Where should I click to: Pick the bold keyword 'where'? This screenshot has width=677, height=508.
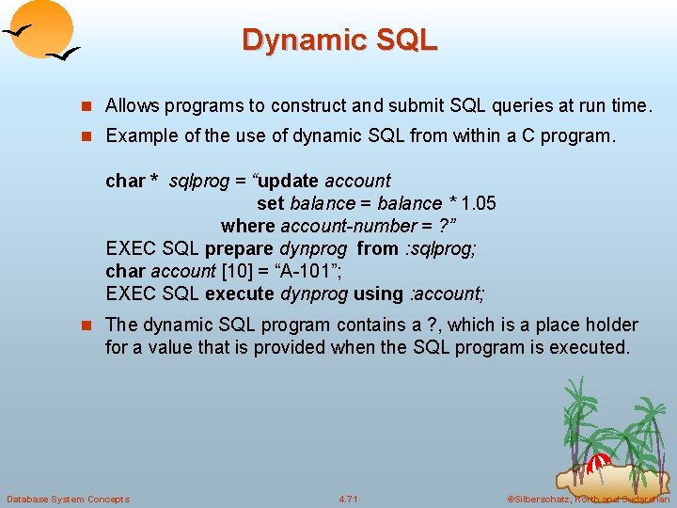tap(246, 226)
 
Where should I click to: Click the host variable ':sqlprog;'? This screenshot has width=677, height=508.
tap(440, 249)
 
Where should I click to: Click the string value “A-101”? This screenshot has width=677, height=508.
tap(300, 272)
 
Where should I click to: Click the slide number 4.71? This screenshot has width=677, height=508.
tap(348, 499)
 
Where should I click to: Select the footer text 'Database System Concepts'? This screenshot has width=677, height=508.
tap(68, 499)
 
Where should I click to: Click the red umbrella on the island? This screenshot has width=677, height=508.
tap(597, 463)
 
